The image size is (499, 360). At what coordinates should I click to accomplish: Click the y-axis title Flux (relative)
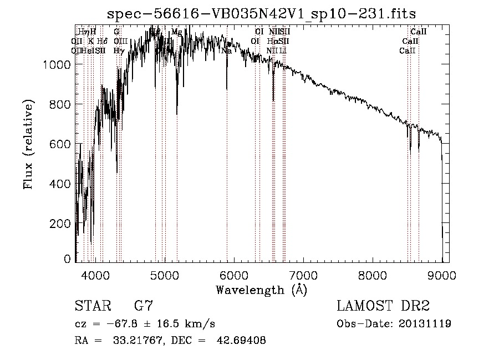[28, 144]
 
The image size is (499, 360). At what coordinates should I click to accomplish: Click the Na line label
[226, 50]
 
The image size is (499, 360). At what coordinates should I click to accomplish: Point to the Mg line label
[176, 32]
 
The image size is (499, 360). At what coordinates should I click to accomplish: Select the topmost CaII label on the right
[418, 32]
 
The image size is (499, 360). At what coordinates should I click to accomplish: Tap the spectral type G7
[144, 306]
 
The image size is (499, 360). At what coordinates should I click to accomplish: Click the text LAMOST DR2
[383, 306]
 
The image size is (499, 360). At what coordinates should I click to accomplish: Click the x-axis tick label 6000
[234, 275]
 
